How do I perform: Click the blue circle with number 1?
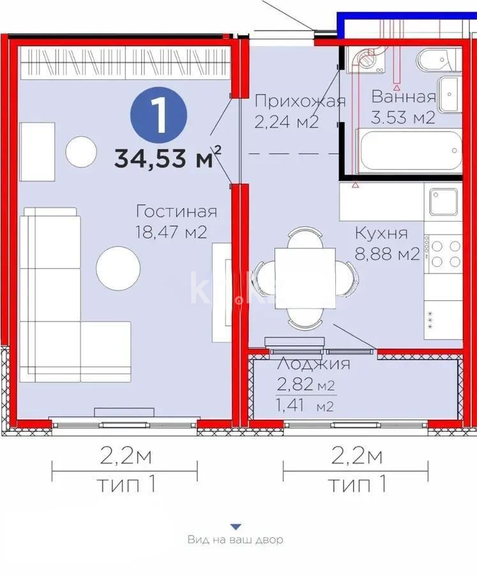(x=159, y=116)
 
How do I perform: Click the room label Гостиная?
(x=176, y=212)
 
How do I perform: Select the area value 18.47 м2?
(x=170, y=231)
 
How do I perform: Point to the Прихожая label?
(x=300, y=101)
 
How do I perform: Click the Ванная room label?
(x=404, y=97)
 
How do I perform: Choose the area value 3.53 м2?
(x=403, y=118)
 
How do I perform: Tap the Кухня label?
(x=381, y=234)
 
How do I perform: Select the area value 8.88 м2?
(x=387, y=254)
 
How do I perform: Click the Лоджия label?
(x=313, y=364)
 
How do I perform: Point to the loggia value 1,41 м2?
(x=305, y=405)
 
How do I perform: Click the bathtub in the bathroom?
(x=409, y=151)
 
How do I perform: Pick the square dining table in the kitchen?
(x=305, y=277)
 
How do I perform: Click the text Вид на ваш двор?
(x=235, y=540)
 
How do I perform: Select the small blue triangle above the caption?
(x=236, y=526)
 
